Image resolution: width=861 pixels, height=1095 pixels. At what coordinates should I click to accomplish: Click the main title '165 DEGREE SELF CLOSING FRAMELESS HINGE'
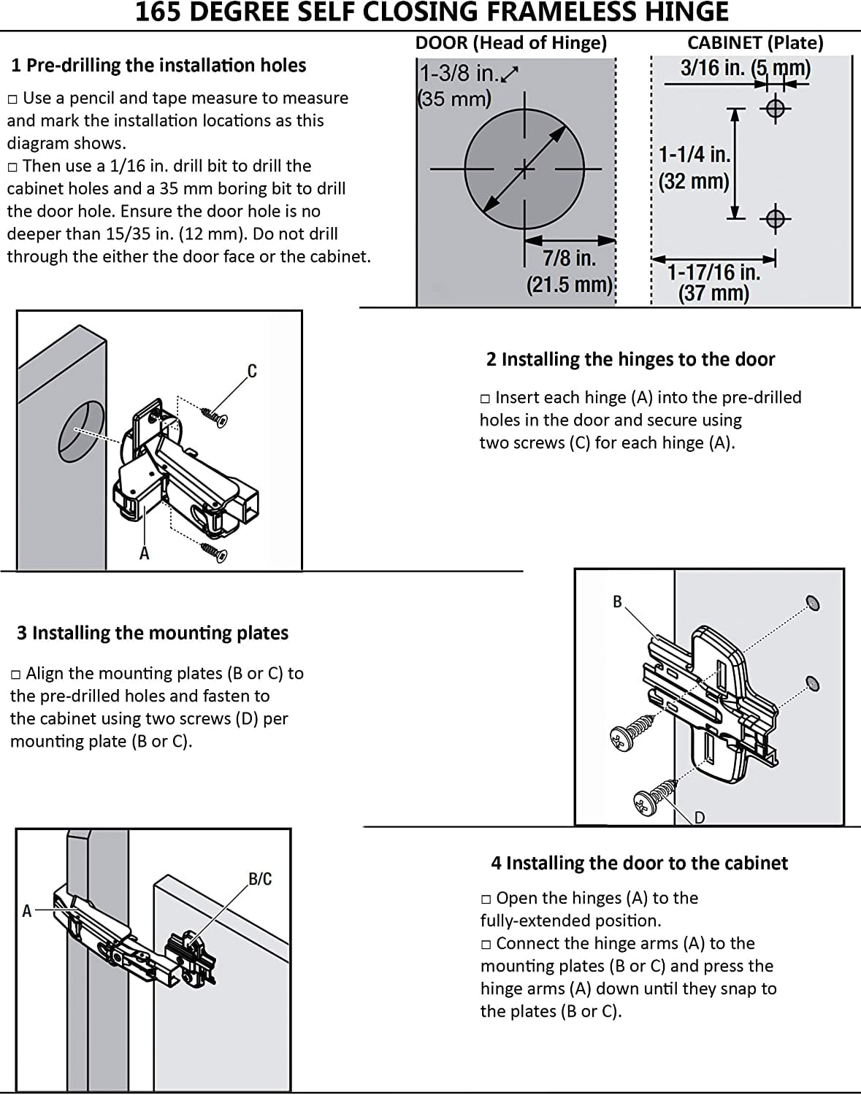pyautogui.click(x=432, y=12)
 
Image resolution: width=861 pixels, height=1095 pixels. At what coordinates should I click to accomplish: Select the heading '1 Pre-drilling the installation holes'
pyautogui.click(x=158, y=66)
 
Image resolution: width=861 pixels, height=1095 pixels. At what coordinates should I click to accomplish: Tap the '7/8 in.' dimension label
pyautogui.click(x=569, y=258)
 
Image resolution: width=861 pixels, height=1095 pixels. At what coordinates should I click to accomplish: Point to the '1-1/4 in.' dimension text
pyautogui.click(x=694, y=155)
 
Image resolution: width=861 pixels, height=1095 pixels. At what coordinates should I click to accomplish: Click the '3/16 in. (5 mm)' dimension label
pyautogui.click(x=745, y=68)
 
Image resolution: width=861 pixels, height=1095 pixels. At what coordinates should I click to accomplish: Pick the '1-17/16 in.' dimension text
pyautogui.click(x=713, y=272)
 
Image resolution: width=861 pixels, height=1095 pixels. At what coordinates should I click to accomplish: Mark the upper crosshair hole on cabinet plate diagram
pyautogui.click(x=776, y=109)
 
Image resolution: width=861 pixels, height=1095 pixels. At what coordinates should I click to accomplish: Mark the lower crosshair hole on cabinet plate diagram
pyautogui.click(x=776, y=218)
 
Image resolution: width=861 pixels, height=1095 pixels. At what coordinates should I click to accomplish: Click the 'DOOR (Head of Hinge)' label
pyautogui.click(x=511, y=43)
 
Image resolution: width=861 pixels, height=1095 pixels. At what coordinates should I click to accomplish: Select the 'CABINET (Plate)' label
pyautogui.click(x=755, y=43)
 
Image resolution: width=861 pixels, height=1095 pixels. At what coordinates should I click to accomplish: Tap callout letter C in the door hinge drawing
pyautogui.click(x=252, y=372)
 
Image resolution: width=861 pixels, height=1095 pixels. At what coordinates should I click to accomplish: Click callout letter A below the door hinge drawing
pyautogui.click(x=145, y=554)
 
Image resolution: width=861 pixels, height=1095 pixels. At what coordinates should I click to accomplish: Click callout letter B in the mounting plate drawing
pyautogui.click(x=617, y=602)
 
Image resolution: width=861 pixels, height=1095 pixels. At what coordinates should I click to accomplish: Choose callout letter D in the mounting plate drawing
pyautogui.click(x=699, y=818)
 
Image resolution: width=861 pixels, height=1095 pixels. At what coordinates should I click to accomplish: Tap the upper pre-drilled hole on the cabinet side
pyautogui.click(x=812, y=603)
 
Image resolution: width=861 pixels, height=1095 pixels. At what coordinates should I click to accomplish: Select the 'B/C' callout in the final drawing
pyautogui.click(x=260, y=879)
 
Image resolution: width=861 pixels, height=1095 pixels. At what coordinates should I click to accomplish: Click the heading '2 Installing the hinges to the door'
pyautogui.click(x=630, y=360)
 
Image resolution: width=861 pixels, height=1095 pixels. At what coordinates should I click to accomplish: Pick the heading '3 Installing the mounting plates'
pyautogui.click(x=153, y=633)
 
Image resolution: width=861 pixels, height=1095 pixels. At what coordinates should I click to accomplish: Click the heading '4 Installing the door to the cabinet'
pyautogui.click(x=639, y=864)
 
